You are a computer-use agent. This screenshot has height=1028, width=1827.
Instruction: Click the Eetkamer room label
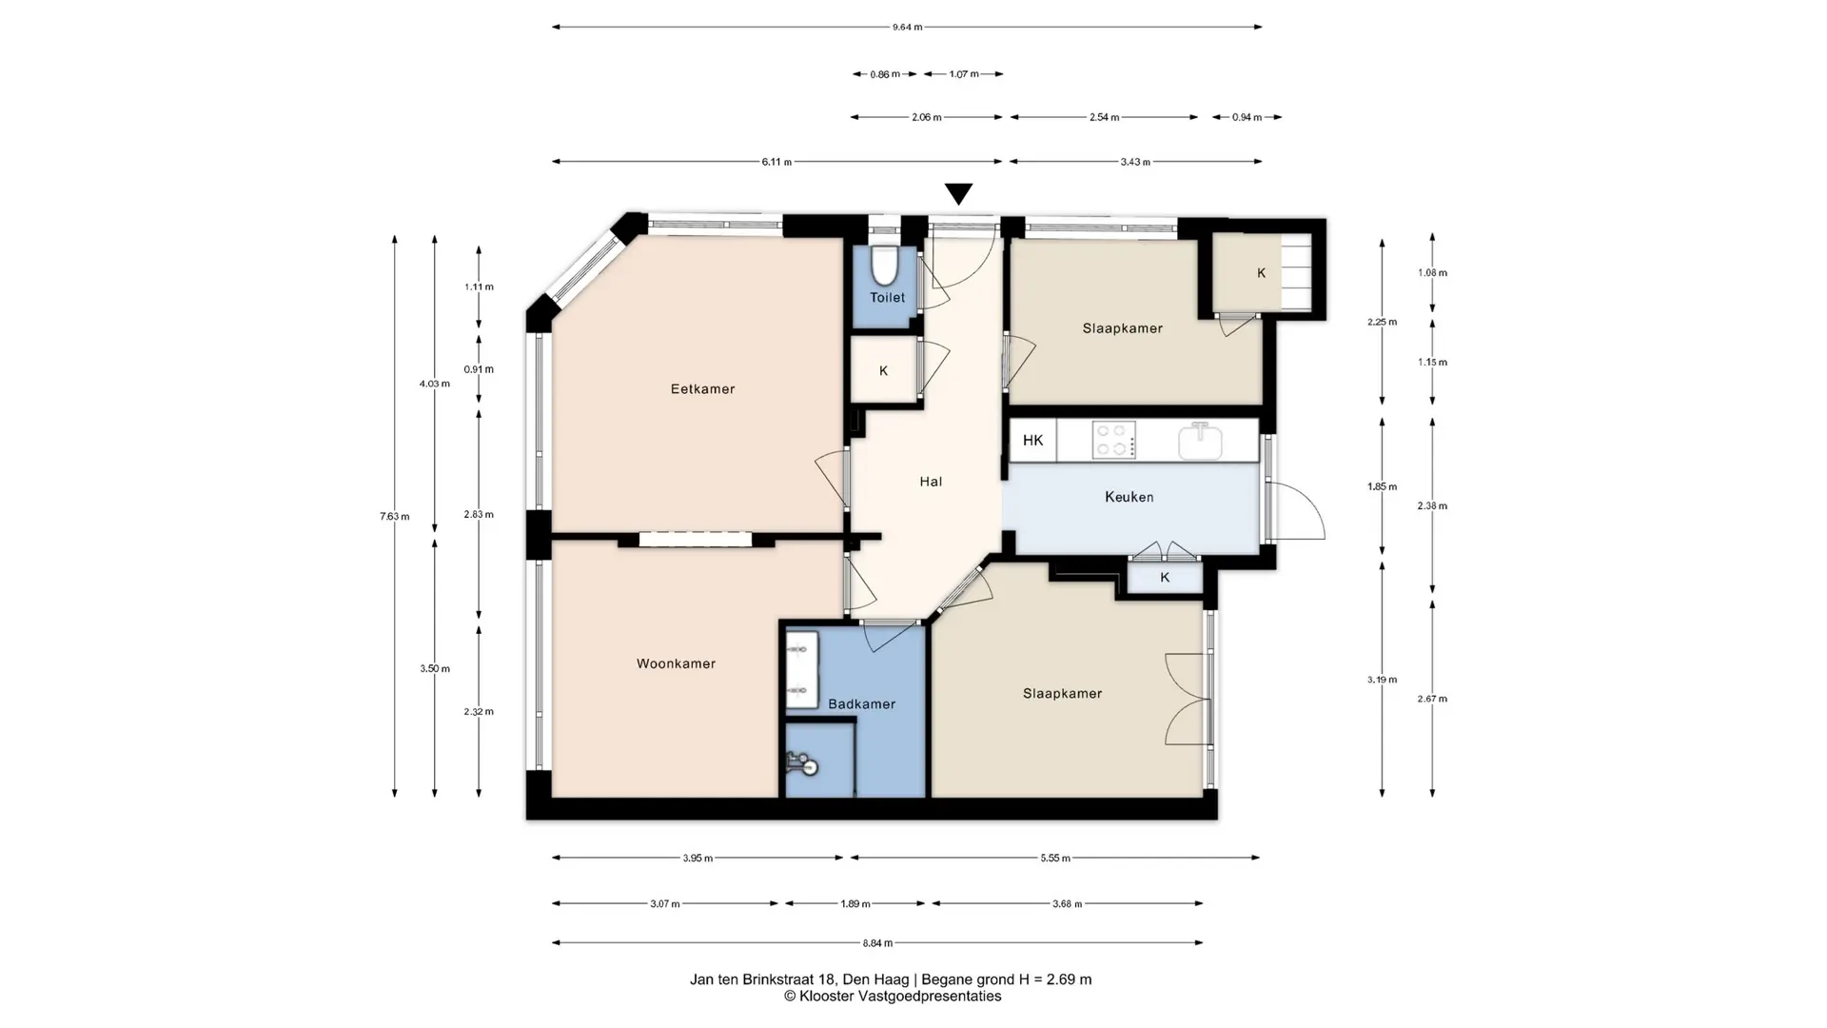[702, 389]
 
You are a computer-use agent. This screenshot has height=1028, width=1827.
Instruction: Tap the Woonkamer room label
[676, 664]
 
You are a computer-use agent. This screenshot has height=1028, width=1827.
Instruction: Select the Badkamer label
[861, 704]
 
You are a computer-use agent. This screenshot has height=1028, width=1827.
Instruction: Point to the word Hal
[931, 482]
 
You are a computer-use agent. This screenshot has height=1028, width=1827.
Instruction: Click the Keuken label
[1129, 497]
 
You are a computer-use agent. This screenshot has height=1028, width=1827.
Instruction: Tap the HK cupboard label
[1032, 441]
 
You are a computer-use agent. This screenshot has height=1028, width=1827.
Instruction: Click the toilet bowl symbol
[885, 267]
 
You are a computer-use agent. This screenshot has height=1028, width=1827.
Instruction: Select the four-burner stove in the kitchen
[1113, 441]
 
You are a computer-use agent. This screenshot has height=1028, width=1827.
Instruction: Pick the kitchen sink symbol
[1201, 441]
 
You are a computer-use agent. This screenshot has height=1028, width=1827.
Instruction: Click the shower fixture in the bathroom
[802, 763]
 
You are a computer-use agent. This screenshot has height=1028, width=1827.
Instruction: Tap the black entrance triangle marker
[958, 194]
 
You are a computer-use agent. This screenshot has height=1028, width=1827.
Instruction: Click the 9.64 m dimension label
[907, 28]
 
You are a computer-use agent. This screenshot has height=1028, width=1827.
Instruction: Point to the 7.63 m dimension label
[395, 517]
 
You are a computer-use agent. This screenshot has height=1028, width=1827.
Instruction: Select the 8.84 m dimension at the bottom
[877, 943]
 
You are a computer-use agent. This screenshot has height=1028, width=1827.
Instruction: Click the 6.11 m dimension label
[776, 162]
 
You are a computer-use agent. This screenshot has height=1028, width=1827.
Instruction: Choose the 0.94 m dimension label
[1247, 118]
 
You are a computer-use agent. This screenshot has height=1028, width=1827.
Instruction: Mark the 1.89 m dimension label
[855, 904]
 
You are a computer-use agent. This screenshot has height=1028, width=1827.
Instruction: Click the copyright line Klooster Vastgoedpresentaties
[893, 997]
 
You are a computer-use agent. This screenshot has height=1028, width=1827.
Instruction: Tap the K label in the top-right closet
[1262, 273]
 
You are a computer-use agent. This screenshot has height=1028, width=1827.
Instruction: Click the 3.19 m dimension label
[1382, 680]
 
